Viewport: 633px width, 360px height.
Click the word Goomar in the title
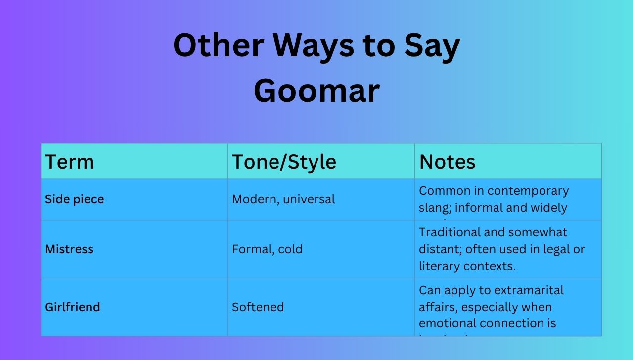click(316, 91)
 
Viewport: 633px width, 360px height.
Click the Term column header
click(70, 162)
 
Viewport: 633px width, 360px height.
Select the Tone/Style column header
click(284, 162)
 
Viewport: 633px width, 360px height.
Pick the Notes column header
click(447, 162)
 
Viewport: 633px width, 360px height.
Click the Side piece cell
click(75, 199)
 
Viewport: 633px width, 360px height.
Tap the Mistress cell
click(69, 249)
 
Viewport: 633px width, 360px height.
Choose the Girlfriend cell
click(73, 307)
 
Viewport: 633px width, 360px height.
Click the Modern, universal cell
click(283, 199)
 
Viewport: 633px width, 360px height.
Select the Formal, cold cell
click(267, 249)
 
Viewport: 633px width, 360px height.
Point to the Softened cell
click(258, 307)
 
